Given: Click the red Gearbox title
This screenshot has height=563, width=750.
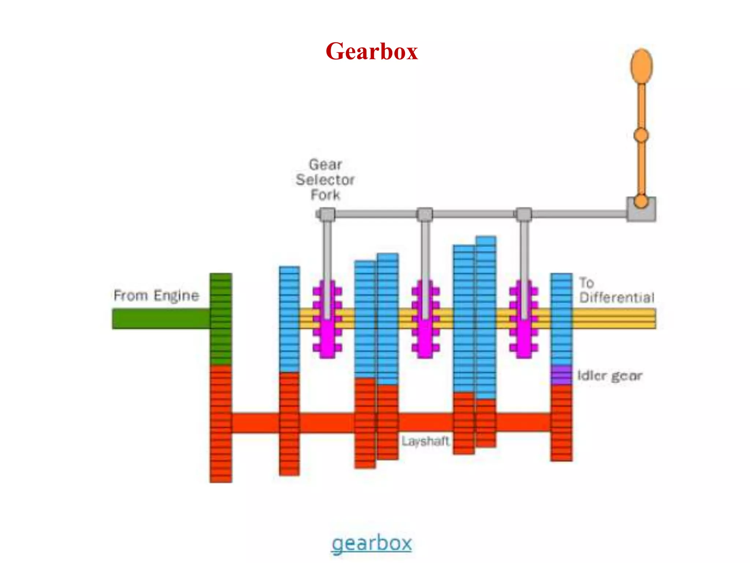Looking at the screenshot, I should click(x=371, y=51).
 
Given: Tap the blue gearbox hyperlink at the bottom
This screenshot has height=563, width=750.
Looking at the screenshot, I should click(x=371, y=543).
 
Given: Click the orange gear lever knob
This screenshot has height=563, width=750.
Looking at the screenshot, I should click(x=641, y=66).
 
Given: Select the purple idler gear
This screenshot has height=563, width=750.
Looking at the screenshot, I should click(x=561, y=375).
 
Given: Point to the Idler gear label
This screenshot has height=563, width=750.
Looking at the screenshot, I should click(x=610, y=376).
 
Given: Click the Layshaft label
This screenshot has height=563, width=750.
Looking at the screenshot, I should click(x=425, y=441).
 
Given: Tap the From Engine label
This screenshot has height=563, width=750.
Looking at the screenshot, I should click(x=156, y=295).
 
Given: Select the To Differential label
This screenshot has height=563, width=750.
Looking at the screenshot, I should click(x=616, y=290).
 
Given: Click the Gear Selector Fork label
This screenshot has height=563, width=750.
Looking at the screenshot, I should click(x=325, y=180).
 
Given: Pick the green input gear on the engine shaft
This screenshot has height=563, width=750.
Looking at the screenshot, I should click(x=221, y=319).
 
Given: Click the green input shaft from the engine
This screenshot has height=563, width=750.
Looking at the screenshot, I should click(x=161, y=319).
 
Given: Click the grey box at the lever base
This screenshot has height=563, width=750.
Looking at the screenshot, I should click(x=641, y=210).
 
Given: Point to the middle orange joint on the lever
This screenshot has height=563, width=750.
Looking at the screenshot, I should click(x=641, y=136).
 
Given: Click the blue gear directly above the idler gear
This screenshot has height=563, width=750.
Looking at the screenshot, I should click(x=561, y=319).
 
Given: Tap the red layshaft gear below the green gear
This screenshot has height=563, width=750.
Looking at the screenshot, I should click(x=221, y=423).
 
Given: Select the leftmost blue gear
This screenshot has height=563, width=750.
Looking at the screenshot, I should click(x=289, y=319).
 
